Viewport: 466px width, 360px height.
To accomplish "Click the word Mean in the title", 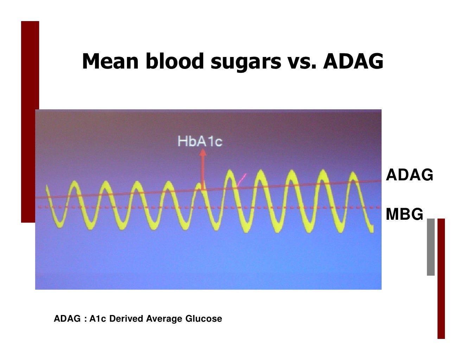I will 110,62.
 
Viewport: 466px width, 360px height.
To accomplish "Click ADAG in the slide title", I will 353,62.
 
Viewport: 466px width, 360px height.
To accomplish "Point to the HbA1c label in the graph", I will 200,141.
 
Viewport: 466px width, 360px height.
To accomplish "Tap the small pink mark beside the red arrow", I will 242,180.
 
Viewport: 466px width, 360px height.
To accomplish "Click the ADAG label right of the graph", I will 409,175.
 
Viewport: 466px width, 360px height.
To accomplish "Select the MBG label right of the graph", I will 404,214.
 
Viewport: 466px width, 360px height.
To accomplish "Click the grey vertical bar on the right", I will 430,247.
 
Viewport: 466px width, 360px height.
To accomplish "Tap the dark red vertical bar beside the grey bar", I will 441,278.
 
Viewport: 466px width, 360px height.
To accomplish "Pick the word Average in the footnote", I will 164,319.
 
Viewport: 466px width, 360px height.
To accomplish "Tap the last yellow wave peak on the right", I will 353,175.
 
